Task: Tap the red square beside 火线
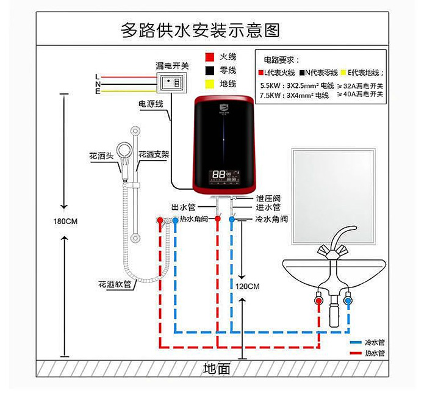pyautogui.click(x=209, y=57)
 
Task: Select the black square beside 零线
pyautogui.click(x=209, y=70)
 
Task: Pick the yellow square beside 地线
pyautogui.click(x=209, y=84)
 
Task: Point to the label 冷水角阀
pyautogui.click(x=271, y=218)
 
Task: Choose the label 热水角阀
pyautogui.click(x=195, y=218)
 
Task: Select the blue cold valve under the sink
pyautogui.click(x=348, y=301)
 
